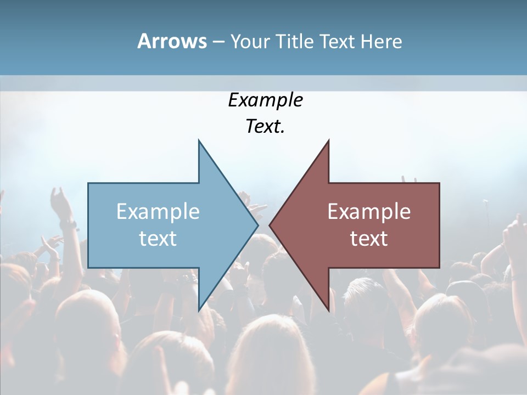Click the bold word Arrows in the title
pos(172,41)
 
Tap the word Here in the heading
pos(382,41)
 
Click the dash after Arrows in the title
pos(218,42)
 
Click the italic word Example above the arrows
pos(265,100)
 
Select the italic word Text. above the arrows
pos(265,127)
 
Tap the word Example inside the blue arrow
pos(158,211)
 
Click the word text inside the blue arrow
pos(158,239)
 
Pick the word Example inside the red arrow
pos(369,211)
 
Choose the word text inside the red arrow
pos(369,239)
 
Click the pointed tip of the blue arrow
pos(258,225)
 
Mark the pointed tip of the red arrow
pos(270,225)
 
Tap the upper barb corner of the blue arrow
pos(199,140)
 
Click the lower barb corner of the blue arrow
pos(199,310)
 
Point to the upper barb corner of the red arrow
pos(328,140)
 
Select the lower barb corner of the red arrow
pos(328,310)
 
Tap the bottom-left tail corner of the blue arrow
pos(88,268)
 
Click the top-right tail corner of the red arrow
pos(439,183)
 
